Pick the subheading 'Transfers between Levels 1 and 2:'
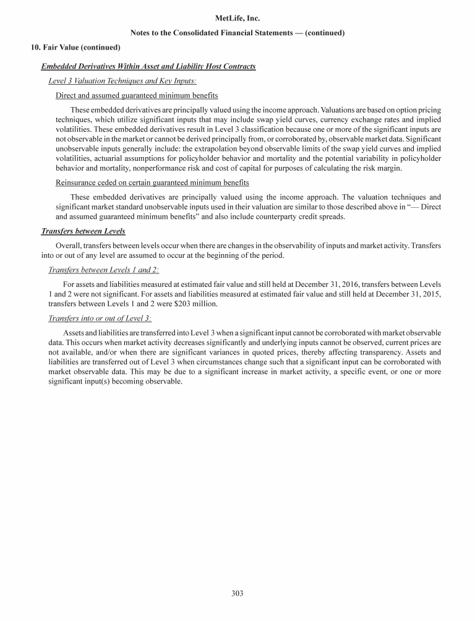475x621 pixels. coord(103,270)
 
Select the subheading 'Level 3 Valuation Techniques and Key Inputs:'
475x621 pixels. coord(122,81)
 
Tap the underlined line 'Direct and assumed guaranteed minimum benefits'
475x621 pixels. coord(137,96)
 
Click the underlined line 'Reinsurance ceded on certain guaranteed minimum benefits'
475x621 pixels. coord(152,182)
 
